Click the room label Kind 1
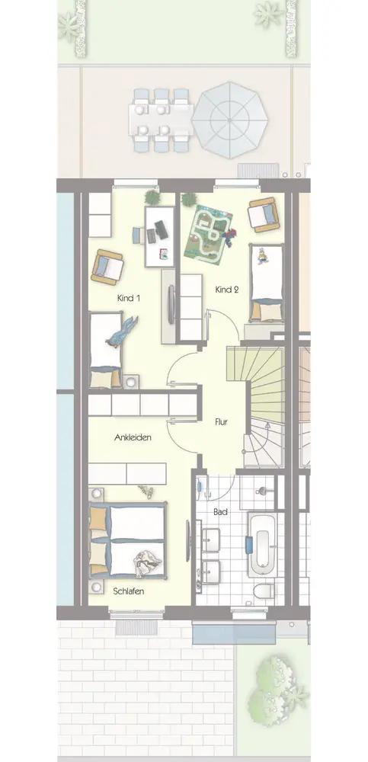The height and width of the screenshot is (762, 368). (x=128, y=298)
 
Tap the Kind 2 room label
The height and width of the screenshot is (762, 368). (x=227, y=290)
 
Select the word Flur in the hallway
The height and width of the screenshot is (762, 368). (x=222, y=422)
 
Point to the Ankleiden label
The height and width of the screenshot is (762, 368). (x=133, y=437)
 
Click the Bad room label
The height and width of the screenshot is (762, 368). (x=220, y=512)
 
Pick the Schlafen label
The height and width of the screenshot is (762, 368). (x=128, y=591)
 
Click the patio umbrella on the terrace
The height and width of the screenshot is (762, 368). (x=229, y=120)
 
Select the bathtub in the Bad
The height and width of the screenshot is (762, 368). (x=262, y=544)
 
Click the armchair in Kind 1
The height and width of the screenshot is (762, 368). (x=107, y=267)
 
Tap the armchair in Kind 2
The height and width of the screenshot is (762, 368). (x=264, y=214)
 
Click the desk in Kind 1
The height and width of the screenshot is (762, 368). (x=159, y=237)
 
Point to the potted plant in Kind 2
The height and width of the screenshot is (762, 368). (x=189, y=199)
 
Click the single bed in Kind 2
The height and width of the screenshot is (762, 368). (x=266, y=283)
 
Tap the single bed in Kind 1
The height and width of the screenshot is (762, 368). (x=105, y=350)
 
